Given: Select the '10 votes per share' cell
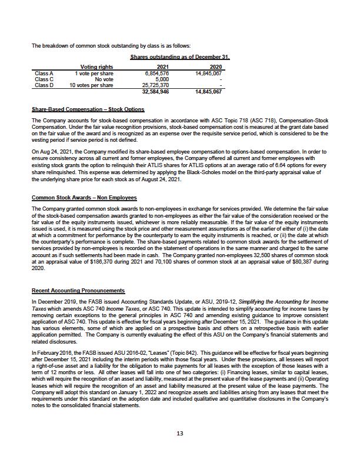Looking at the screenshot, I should [91, 85].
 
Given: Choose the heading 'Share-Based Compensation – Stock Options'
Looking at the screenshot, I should [88, 109].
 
